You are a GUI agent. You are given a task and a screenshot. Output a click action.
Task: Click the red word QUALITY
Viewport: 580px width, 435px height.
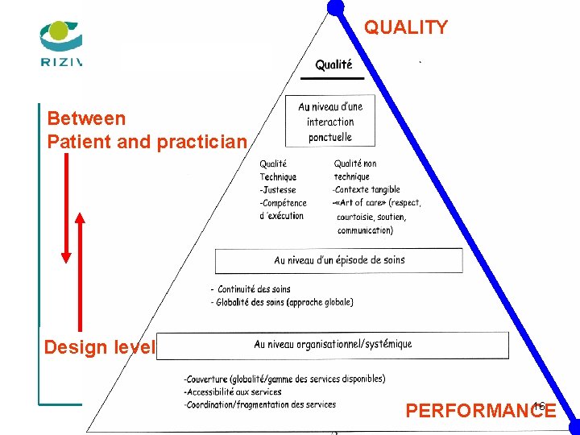tap(405, 27)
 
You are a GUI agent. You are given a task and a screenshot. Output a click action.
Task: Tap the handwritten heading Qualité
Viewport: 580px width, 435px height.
tap(333, 64)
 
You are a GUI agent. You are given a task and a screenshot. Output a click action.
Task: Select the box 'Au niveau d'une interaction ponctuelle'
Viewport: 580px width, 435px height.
tap(330, 122)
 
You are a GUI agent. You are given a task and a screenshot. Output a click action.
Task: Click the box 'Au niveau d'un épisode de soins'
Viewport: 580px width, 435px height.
tap(339, 260)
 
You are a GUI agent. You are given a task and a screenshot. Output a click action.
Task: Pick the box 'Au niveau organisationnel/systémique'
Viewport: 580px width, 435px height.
tap(333, 345)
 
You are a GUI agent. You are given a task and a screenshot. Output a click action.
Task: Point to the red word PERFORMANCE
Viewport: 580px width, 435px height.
tap(480, 411)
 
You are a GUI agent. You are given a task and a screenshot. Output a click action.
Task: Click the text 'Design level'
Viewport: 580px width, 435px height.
tap(98, 347)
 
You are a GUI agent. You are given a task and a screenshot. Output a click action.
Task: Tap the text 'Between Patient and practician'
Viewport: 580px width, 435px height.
tap(147, 130)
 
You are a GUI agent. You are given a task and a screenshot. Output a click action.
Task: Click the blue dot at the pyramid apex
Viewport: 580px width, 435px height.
tap(336, 7)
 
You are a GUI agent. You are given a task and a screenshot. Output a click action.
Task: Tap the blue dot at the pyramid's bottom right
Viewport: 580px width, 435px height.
tap(572, 426)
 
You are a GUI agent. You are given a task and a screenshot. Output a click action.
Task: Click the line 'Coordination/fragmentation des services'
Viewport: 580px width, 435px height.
tap(260, 404)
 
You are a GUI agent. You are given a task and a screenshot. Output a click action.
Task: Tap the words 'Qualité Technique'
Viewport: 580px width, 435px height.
tap(278, 170)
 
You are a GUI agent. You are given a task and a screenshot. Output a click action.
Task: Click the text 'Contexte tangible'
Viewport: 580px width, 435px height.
tap(367, 190)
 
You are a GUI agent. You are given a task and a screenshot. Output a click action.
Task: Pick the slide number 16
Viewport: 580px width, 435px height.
tap(540, 405)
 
